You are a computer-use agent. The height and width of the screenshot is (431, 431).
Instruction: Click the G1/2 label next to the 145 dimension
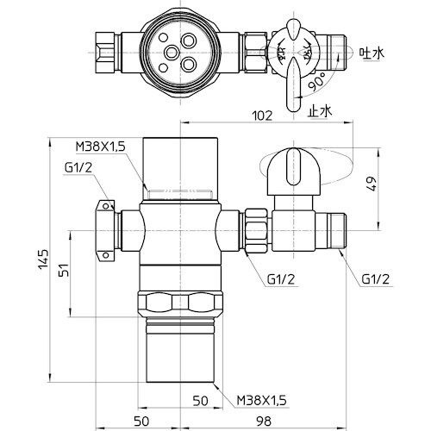point(78,166)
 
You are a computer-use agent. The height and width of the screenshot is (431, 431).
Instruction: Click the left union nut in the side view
point(106,230)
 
